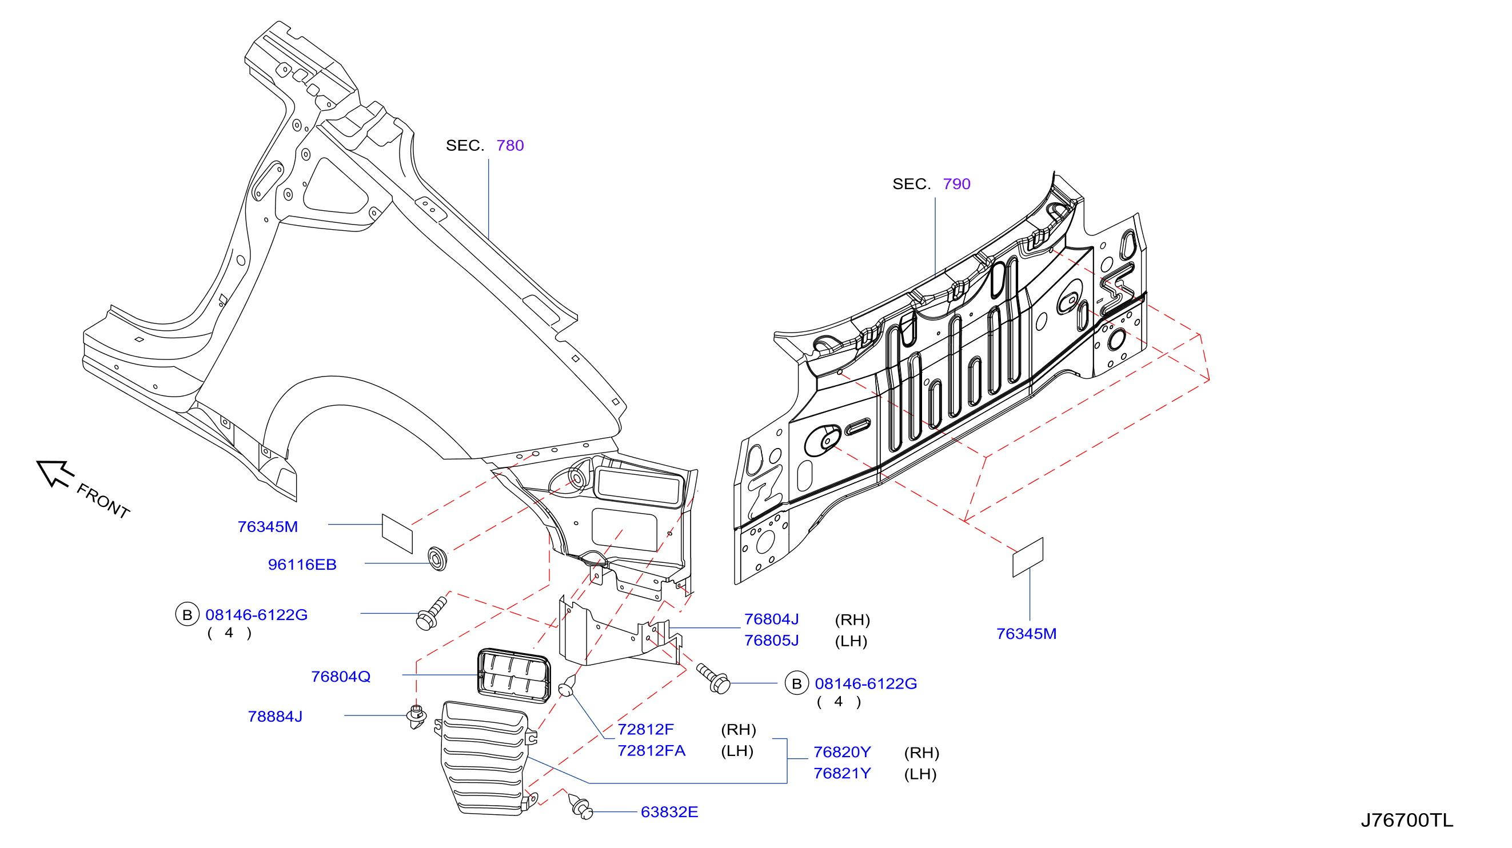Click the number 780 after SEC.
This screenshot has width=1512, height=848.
(x=509, y=146)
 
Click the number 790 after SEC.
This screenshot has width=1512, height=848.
(x=956, y=184)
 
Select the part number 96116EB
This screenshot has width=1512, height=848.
(x=302, y=565)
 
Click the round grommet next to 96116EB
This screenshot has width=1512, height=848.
(x=437, y=558)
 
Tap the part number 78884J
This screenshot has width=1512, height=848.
(x=275, y=717)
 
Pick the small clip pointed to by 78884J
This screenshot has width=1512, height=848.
(x=416, y=717)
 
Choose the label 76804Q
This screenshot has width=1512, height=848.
(x=341, y=677)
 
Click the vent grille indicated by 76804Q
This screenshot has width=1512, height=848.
(x=514, y=675)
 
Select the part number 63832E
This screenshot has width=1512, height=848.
(x=669, y=812)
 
